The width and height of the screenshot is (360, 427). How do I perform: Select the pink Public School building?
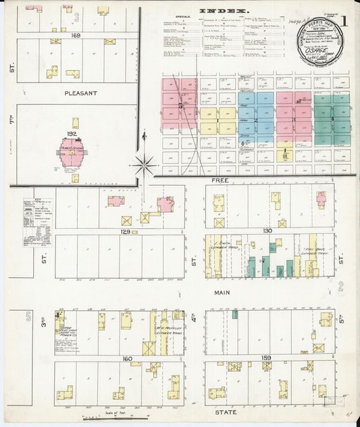(x=71, y=153)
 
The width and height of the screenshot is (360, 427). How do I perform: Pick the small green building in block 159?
(x=235, y=314)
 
